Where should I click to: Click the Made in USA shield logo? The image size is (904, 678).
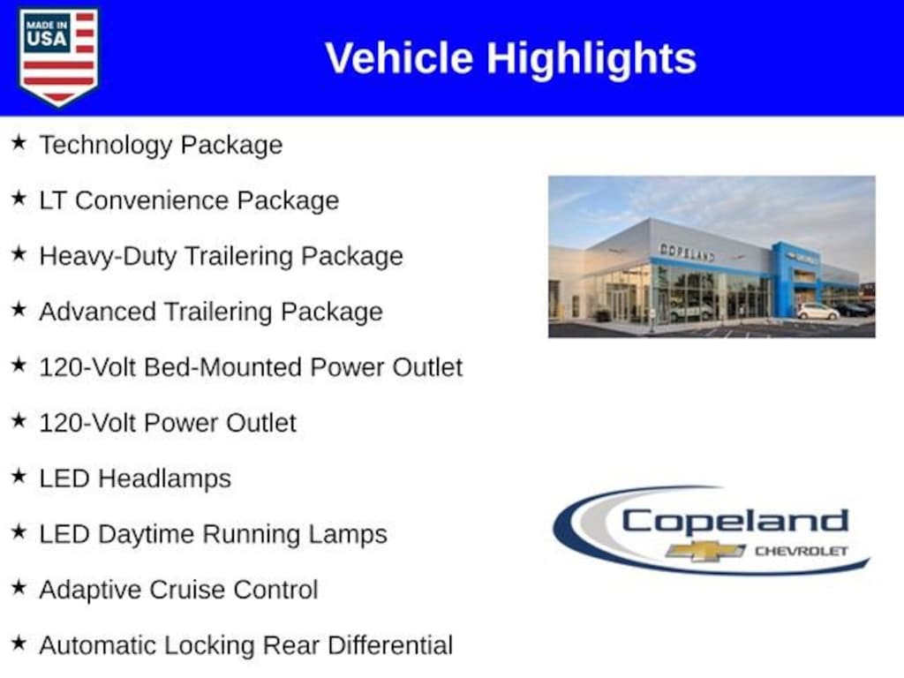coord(59,56)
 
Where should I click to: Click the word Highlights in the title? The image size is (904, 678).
coord(591,58)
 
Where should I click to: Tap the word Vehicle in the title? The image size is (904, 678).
coord(400,58)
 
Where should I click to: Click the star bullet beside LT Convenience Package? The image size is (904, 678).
coord(19,199)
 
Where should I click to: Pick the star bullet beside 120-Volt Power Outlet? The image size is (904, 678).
coord(19,421)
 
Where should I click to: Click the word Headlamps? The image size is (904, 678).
coord(165,478)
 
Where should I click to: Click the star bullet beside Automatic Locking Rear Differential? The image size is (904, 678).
coord(19,644)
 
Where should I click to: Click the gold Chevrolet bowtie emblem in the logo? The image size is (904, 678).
coord(705,551)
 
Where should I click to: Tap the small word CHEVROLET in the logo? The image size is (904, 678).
coord(801,551)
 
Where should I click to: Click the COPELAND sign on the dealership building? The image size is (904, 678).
coord(687,252)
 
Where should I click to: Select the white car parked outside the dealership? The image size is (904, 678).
coord(817,311)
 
